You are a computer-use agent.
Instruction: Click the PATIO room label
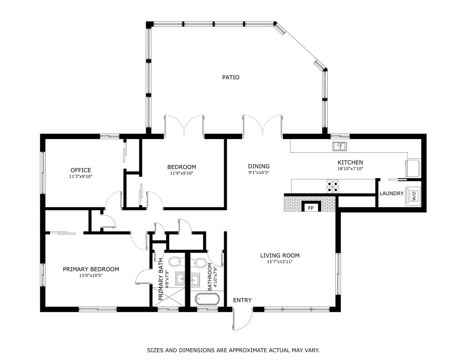(x=231, y=77)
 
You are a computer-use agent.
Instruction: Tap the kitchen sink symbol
(x=339, y=146)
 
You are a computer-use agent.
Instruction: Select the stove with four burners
(x=332, y=186)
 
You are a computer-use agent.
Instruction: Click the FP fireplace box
(x=311, y=207)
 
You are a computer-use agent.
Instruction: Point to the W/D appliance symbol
(x=413, y=195)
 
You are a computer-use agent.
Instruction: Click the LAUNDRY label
(x=391, y=194)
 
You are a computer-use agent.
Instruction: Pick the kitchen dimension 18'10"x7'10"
(x=350, y=169)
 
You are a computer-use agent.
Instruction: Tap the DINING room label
(x=259, y=166)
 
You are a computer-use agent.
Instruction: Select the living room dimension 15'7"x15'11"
(x=280, y=262)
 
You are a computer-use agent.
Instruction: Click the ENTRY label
(x=242, y=300)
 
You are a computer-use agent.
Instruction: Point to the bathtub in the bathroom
(x=207, y=299)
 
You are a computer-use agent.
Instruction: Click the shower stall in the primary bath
(x=168, y=295)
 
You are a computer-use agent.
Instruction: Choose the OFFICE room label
(x=81, y=170)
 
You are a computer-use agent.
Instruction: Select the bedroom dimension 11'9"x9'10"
(x=181, y=173)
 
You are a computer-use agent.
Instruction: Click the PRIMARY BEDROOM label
(x=91, y=269)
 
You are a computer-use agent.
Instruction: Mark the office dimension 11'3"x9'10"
(x=81, y=176)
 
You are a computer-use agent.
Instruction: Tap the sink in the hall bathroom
(x=195, y=279)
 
